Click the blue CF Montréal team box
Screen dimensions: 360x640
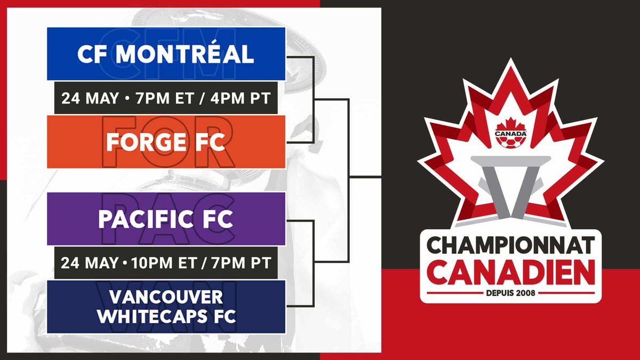[166, 53]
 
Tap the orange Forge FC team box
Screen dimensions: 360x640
[166, 142]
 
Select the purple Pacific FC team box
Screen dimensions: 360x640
[166, 219]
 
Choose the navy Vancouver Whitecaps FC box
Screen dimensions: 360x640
[166, 307]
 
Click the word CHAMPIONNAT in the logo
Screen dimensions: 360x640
[510, 246]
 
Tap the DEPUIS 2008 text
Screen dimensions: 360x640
[510, 292]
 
